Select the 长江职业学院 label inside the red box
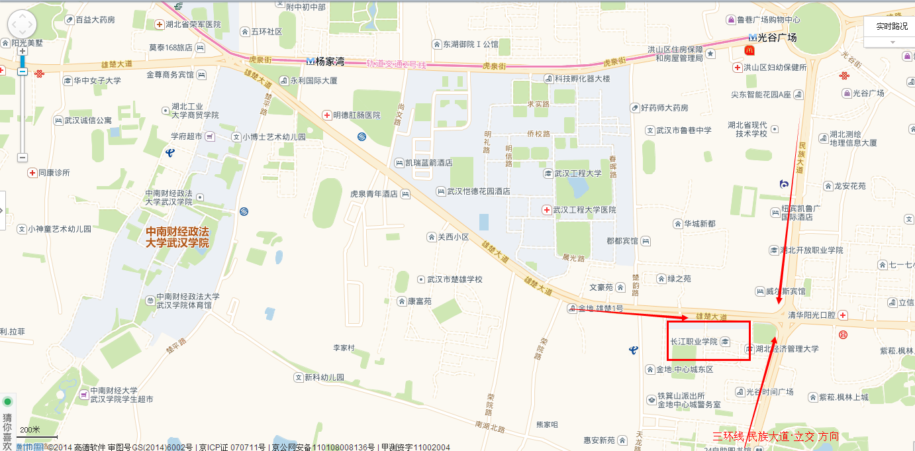pos(694,341)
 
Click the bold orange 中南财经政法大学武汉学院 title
pos(177,238)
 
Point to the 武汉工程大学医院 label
pos(584,210)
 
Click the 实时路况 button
pos(891,26)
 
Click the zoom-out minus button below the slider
pos(22,158)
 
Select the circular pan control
pos(22,25)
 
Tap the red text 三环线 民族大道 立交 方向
pos(775,436)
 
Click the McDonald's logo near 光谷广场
pos(749,50)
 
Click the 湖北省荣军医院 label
pos(193,25)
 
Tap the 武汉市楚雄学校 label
pos(455,279)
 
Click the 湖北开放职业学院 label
pos(811,250)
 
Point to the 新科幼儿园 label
pos(324,377)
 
